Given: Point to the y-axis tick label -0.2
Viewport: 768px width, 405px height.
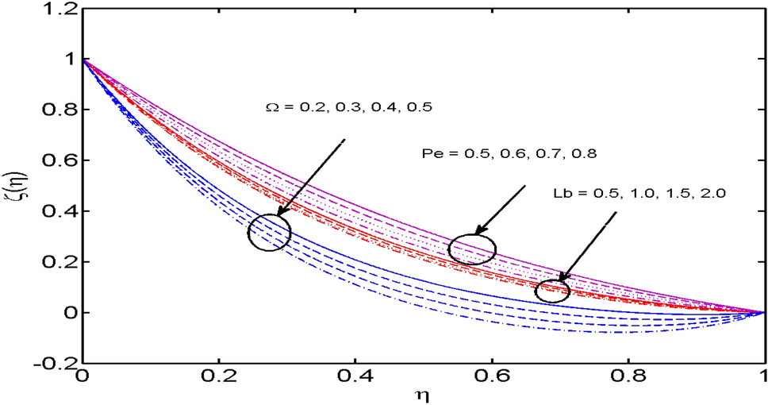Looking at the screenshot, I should coord(53,364).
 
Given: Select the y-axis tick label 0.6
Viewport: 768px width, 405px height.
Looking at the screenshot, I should coord(57,160).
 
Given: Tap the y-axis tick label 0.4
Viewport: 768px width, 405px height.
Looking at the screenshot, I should coord(57,211).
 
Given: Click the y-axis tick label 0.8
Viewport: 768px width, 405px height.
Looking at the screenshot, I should coord(57,110).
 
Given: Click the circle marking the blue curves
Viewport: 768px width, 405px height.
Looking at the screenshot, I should coord(269,233).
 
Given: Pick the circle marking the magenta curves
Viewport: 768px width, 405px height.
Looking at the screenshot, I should coord(472,249).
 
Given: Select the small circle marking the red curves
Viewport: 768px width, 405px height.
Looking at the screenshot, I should coord(552,291).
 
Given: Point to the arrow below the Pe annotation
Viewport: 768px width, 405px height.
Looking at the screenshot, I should coord(500,210).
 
